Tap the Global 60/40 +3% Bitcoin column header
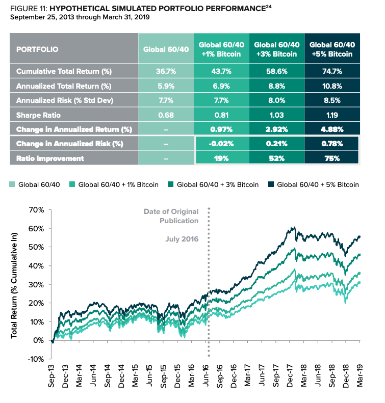tap(277, 49)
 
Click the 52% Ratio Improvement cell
tap(277, 158)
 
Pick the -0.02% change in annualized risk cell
tap(221, 144)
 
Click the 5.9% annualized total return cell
tap(166, 86)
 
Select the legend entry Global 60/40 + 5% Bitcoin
tap(323, 184)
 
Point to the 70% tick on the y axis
tap(37, 210)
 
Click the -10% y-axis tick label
tap(36, 359)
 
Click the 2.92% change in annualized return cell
tap(277, 129)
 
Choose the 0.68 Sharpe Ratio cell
tap(166, 115)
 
